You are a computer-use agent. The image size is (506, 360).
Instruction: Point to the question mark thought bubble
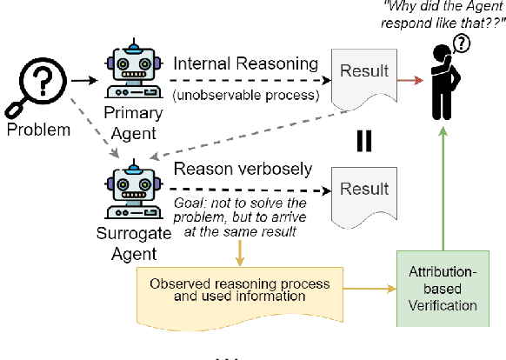coord(463,44)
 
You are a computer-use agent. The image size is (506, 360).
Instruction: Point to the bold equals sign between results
coord(364,140)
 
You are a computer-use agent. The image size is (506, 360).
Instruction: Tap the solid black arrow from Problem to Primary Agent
coord(84,82)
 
